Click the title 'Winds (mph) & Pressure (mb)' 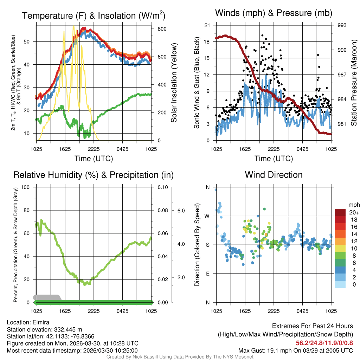pyautogui.click(x=274, y=13)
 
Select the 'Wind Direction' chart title pyautogui.click(x=274, y=175)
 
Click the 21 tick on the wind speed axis pyautogui.click(x=207, y=25)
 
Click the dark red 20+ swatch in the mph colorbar pyautogui.click(x=340, y=212)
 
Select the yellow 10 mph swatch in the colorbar pyautogui.click(x=340, y=248)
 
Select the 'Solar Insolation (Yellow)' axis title pyautogui.click(x=174, y=83)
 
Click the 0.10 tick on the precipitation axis pyautogui.click(x=162, y=187)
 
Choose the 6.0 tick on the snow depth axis pyautogui.click(x=180, y=211)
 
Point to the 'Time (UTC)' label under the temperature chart pyautogui.click(x=94, y=159)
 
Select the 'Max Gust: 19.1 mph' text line pyautogui.click(x=295, y=351)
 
